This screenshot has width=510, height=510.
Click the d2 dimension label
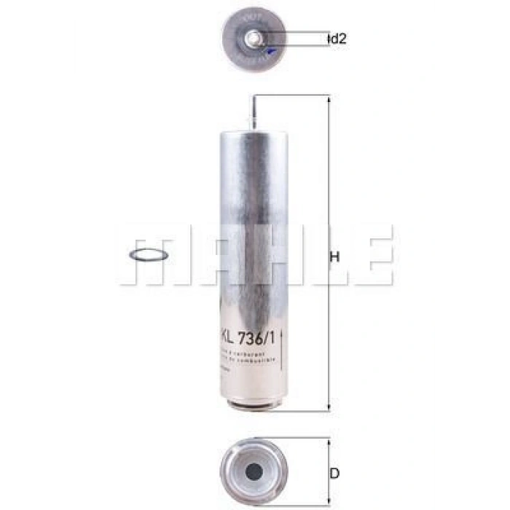(x=338, y=39)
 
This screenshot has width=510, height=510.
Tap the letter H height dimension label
(x=335, y=256)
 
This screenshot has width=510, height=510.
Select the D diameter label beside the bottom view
(x=334, y=474)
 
